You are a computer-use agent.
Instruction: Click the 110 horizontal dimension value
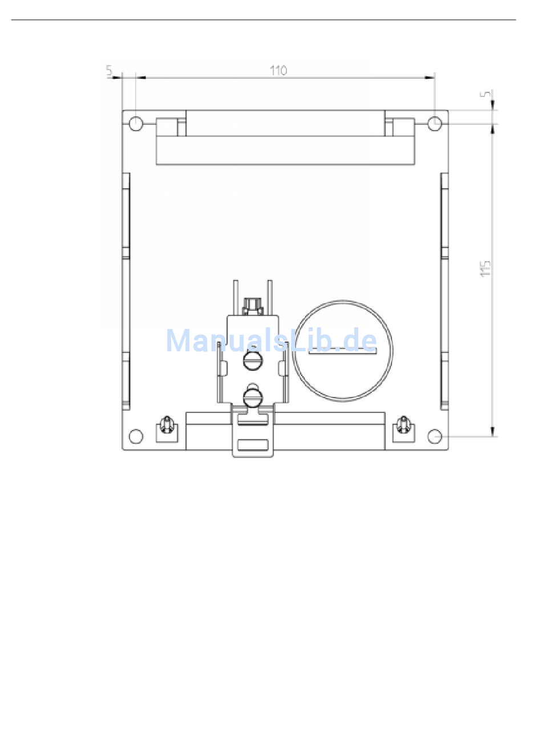[x=278, y=71]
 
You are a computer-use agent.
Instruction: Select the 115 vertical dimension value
[x=486, y=269]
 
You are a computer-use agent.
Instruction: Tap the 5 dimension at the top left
[x=110, y=70]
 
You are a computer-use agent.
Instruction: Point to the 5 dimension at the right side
[x=486, y=94]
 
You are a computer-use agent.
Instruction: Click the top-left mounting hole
[x=136, y=124]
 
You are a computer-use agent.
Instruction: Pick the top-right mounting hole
[x=435, y=124]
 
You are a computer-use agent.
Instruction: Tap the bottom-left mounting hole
[x=136, y=436]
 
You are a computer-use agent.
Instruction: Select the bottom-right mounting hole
[x=435, y=436]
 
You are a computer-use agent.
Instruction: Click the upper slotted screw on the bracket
[x=253, y=360]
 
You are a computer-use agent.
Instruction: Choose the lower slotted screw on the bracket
[x=253, y=398]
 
